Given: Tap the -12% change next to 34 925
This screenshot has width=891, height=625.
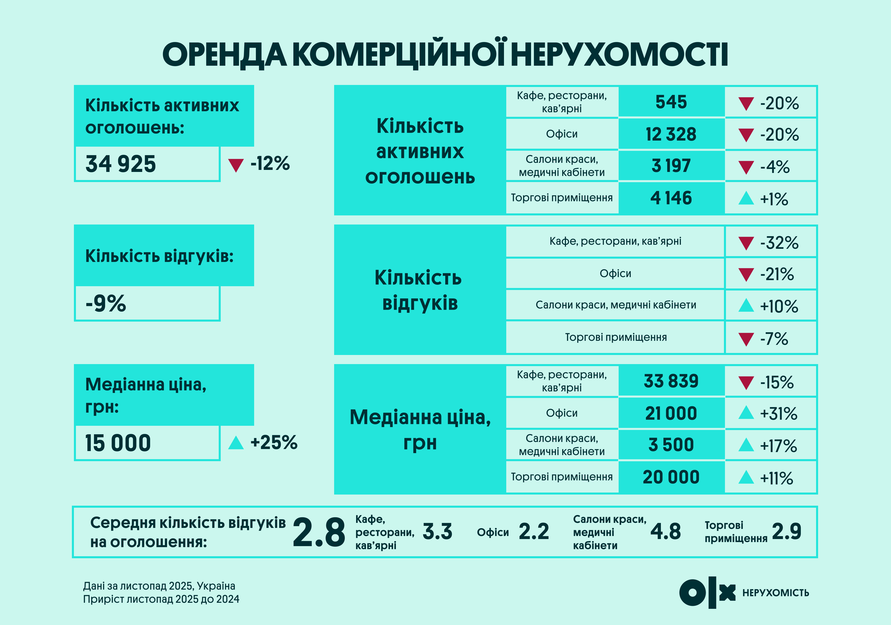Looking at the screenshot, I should pos(270,163).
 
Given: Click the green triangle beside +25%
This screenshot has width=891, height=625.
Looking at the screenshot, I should pos(236,443).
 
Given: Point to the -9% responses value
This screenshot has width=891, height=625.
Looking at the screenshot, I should pos(106,303).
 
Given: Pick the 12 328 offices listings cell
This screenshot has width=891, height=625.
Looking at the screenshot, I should pos(671,134).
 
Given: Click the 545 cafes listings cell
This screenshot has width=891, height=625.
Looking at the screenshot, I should pos(671,102).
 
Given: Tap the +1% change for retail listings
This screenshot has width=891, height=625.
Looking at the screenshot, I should pos(774,199).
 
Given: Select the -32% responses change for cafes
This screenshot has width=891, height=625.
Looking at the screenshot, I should pos(779,243).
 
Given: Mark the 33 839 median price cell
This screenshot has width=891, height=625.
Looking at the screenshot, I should pos(671,381).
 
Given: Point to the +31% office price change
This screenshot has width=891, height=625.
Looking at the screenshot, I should pos(778,414).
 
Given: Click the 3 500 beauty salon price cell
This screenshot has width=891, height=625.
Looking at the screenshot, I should pos(671,445).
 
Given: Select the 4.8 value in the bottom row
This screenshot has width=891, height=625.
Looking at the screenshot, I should pos(665,531).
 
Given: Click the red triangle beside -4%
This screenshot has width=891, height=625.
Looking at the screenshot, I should pos(746,167).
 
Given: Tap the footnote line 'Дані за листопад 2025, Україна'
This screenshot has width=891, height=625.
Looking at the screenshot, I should pos(159,586).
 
